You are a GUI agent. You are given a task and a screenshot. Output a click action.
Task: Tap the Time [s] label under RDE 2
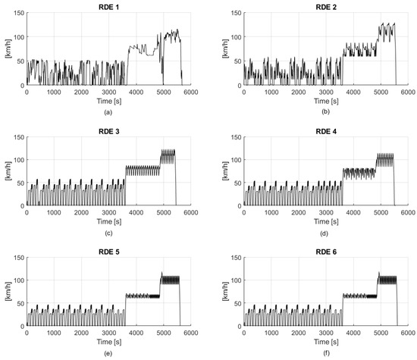[x=329, y=99]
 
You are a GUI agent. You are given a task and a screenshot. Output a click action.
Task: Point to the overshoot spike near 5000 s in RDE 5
[x=161, y=273]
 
